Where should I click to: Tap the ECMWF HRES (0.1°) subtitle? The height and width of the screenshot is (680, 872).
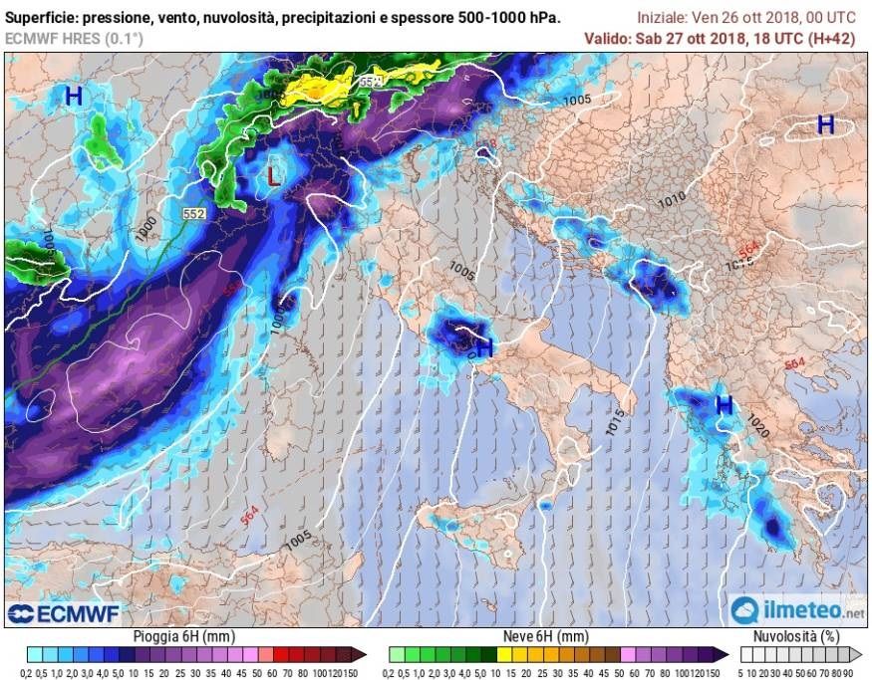59,38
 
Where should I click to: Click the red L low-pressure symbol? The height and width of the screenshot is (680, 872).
274,178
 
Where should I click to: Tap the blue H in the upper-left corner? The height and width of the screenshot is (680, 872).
73,97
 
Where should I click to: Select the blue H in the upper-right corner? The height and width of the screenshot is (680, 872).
825,124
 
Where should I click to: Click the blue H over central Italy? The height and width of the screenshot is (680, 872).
484,348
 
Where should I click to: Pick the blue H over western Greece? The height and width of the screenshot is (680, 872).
725,405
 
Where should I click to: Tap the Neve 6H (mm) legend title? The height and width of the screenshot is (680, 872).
546,636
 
